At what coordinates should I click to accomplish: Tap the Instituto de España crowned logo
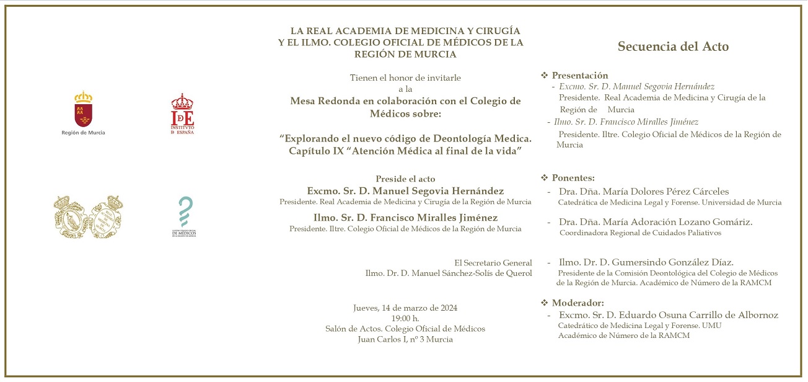(182, 112)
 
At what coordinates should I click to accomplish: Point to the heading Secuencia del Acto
(673, 47)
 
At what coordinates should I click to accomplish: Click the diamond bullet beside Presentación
(545, 76)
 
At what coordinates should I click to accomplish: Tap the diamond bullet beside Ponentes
(545, 178)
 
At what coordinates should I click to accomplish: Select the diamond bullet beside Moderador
(545, 303)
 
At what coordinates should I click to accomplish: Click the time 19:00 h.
(405, 318)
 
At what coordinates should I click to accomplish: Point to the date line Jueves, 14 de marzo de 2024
(405, 308)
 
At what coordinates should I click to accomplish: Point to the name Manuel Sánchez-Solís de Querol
(449, 273)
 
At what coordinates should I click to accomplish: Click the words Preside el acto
(405, 179)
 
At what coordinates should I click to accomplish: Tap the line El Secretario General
(493, 263)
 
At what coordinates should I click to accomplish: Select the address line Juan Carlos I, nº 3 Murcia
(405, 339)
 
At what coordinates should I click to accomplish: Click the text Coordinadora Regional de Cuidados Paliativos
(640, 233)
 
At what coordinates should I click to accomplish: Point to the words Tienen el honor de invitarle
(405, 78)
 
